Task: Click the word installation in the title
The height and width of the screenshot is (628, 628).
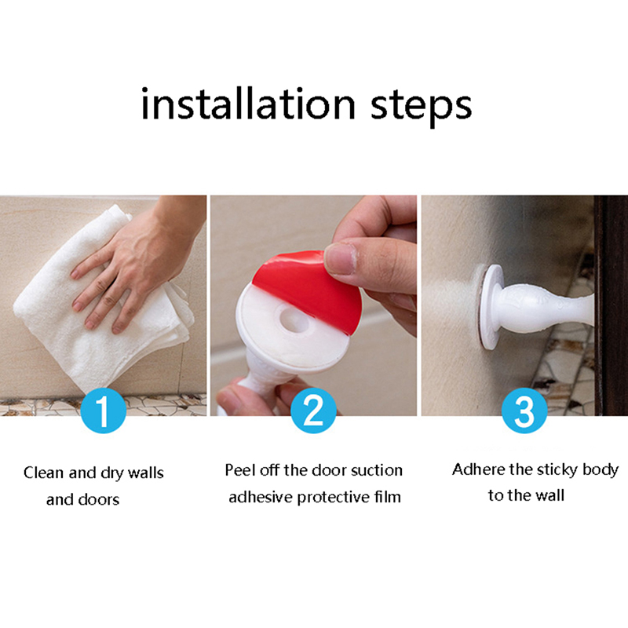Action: pyautogui.click(x=248, y=104)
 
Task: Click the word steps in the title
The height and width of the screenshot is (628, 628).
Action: pyautogui.click(x=421, y=108)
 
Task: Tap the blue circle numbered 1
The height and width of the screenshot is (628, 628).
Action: pyautogui.click(x=104, y=410)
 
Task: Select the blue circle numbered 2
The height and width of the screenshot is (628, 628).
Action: pyautogui.click(x=313, y=410)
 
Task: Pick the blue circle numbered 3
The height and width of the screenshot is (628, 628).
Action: pyautogui.click(x=524, y=410)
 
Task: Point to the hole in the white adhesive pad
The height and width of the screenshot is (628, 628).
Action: pyautogui.click(x=296, y=319)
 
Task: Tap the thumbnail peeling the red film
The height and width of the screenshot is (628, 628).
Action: pyautogui.click(x=339, y=258)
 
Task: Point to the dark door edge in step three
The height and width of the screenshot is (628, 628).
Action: pyautogui.click(x=612, y=305)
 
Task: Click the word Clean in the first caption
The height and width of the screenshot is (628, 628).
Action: pyautogui.click(x=44, y=473)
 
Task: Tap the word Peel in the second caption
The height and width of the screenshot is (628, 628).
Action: pyautogui.click(x=240, y=469)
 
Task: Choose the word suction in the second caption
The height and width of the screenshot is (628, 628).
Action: pyautogui.click(x=377, y=470)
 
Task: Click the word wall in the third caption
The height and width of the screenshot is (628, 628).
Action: pyautogui.click(x=550, y=495)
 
